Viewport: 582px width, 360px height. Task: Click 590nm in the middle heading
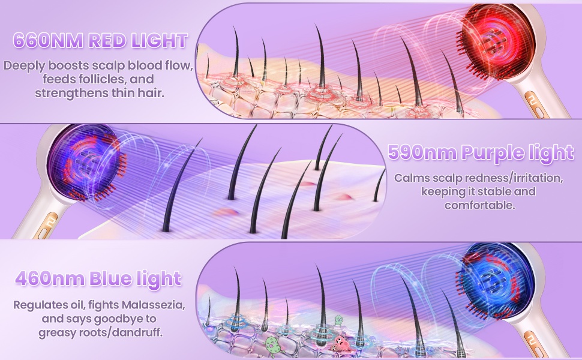(x=421, y=152)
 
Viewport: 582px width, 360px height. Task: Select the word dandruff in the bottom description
(x=146, y=331)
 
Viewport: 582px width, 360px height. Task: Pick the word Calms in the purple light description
(x=411, y=178)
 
